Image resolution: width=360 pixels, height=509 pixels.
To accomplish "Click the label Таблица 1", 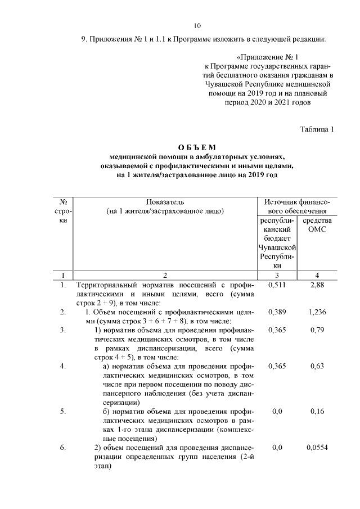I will (317, 130).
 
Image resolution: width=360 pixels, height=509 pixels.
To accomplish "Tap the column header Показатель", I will (165, 202).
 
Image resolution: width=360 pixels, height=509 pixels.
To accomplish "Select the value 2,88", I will (317, 286).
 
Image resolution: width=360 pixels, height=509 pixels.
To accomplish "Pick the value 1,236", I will (317, 311).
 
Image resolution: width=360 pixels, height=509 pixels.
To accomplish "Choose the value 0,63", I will (317, 366).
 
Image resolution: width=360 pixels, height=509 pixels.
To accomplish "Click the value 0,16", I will (317, 411).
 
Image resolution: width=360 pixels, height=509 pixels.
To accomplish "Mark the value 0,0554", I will (317, 448).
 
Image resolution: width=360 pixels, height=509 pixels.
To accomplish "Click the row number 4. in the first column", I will (64, 366).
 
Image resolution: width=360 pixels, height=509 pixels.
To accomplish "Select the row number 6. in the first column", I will (64, 448).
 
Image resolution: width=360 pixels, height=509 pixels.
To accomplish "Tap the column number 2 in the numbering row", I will (165, 275).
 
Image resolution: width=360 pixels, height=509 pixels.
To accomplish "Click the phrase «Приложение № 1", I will (266, 57).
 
